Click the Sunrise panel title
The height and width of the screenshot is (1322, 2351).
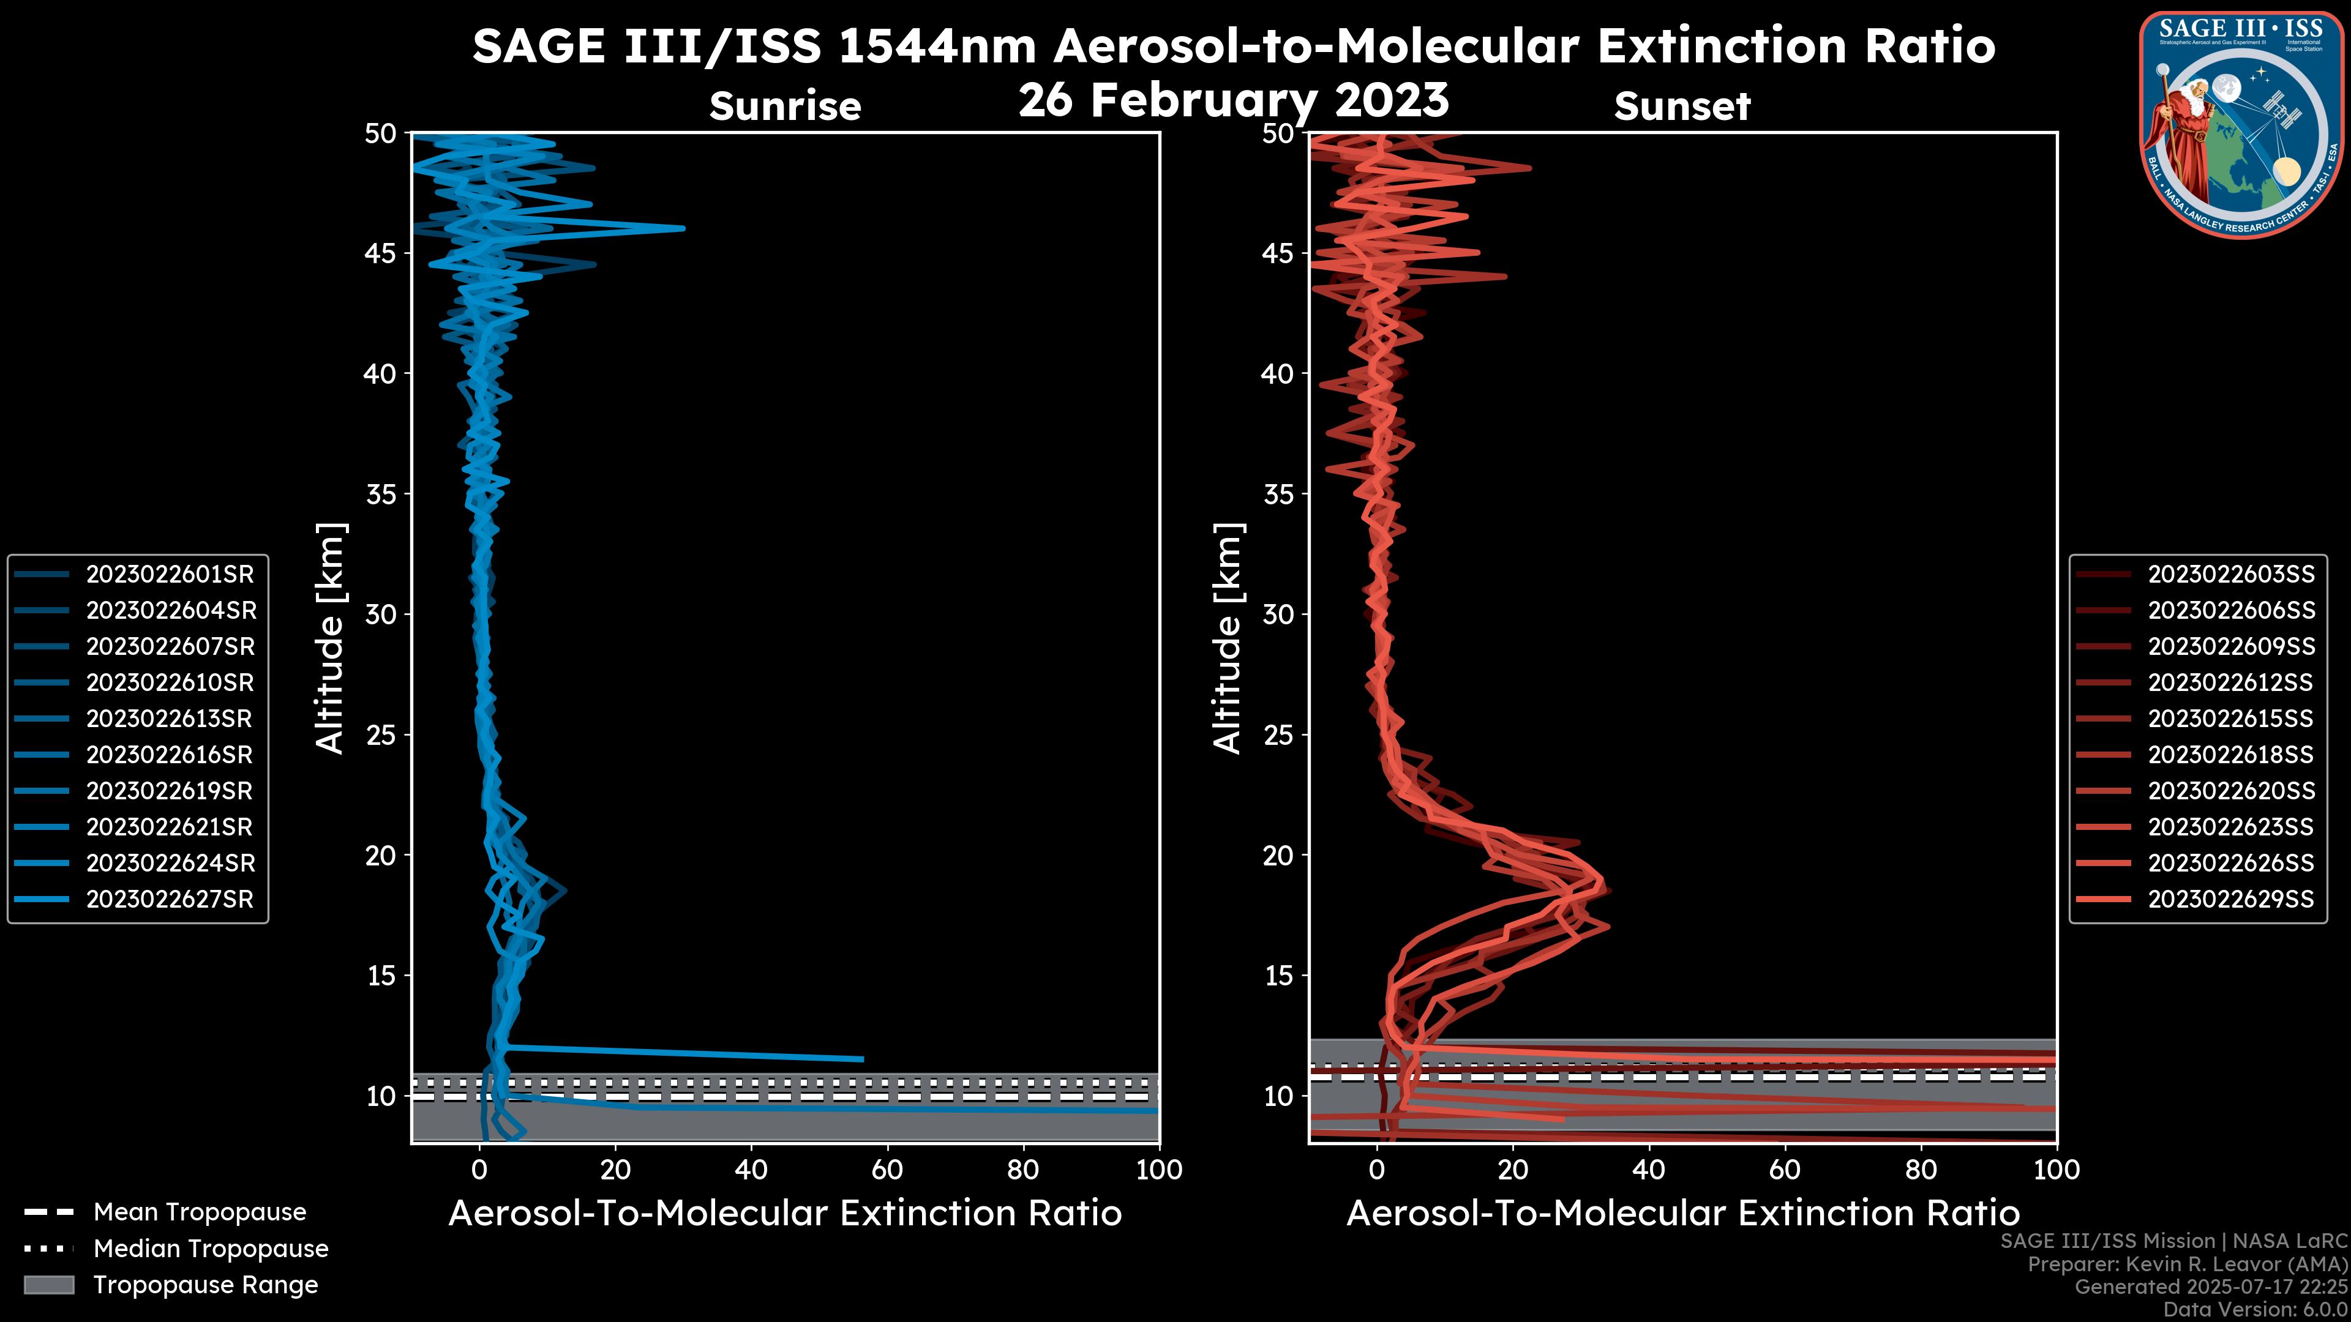point(785,106)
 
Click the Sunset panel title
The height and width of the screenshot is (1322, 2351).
point(1682,106)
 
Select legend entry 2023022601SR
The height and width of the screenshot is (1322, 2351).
point(170,574)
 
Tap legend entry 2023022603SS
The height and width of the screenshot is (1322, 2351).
point(2230,574)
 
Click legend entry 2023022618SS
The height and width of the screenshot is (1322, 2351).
point(2230,755)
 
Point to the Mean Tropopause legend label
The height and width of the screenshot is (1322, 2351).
point(200,1212)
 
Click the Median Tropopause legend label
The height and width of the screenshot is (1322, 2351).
point(211,1248)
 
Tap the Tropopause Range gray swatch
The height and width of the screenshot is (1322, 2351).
point(48,1285)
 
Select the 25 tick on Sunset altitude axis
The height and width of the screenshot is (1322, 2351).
point(1280,734)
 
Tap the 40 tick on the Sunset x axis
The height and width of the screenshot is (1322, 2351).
point(1648,1170)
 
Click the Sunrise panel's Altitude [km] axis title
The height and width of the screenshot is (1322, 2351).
point(329,638)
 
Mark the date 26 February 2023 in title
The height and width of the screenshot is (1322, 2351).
point(1233,100)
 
